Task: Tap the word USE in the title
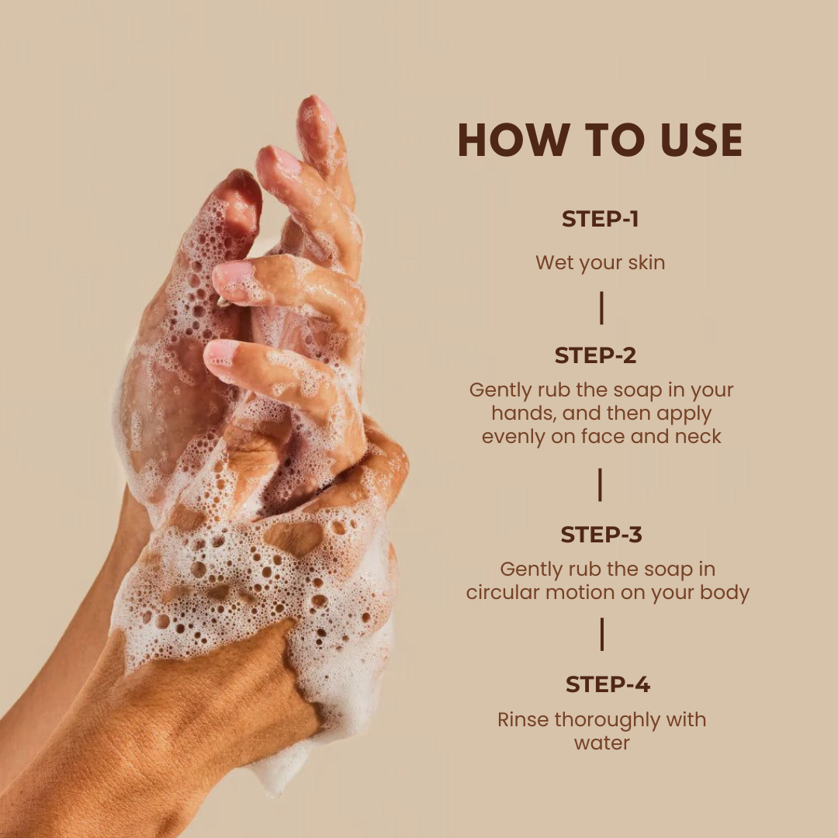(701, 140)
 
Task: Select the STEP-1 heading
(600, 219)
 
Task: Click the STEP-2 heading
(595, 355)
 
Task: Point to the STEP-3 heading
(601, 535)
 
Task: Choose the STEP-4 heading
(608, 684)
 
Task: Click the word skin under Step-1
(646, 262)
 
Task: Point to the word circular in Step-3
(503, 593)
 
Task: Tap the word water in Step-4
(602, 743)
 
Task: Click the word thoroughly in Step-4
(608, 721)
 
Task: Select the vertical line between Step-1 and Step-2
(602, 308)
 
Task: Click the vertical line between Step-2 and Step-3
(600, 485)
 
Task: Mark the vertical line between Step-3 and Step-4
(602, 635)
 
